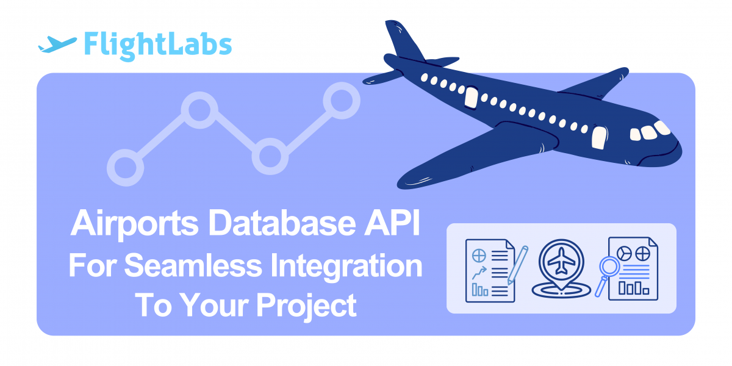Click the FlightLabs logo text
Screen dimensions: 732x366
(158, 45)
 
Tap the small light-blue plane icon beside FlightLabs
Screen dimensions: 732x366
(57, 44)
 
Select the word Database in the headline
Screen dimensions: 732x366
(282, 223)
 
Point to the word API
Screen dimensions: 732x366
(392, 223)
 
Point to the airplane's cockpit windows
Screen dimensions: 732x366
(650, 131)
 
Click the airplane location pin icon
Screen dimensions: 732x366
(561, 268)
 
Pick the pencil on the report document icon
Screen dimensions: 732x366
(518, 265)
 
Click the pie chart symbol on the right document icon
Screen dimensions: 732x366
(624, 254)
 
